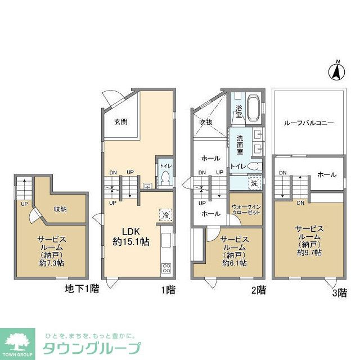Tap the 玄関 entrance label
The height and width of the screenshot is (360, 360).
(120, 121)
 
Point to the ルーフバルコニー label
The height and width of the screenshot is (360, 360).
(309, 121)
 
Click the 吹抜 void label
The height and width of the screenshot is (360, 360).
(205, 122)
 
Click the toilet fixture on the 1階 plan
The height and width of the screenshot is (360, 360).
(165, 179)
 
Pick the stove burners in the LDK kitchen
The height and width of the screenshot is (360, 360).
(167, 268)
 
